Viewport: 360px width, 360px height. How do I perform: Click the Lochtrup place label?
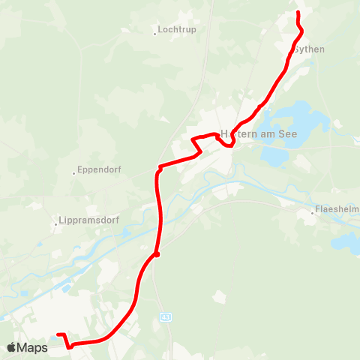pos(177,31)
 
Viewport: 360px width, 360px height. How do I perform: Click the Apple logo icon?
pos(12,347)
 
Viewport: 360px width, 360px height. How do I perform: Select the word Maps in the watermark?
pos(33,347)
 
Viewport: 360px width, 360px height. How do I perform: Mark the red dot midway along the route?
pos(157,254)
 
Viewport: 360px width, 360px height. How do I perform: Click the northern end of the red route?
pos(298,13)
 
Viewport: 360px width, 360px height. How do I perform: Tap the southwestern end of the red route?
pos(58,335)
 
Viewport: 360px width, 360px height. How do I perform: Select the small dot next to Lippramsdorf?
pos(58,223)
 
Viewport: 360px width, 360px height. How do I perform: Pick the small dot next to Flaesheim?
pos(313,213)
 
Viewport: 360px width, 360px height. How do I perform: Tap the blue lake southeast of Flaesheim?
pos(346,241)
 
